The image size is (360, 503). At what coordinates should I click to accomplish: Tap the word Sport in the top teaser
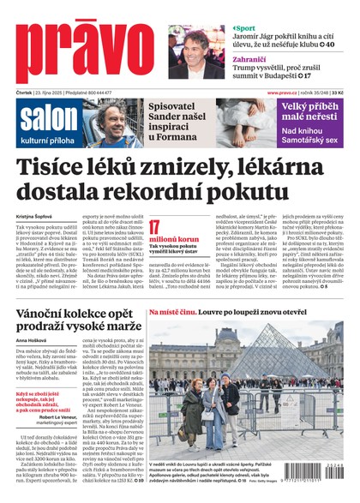[x=246, y=28]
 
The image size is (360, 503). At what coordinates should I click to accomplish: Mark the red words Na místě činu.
[x=174, y=313]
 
